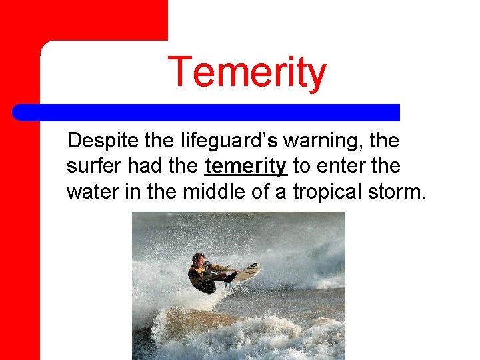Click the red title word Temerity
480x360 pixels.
click(247, 73)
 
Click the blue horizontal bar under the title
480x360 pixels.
click(207, 112)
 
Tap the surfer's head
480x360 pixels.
click(198, 260)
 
